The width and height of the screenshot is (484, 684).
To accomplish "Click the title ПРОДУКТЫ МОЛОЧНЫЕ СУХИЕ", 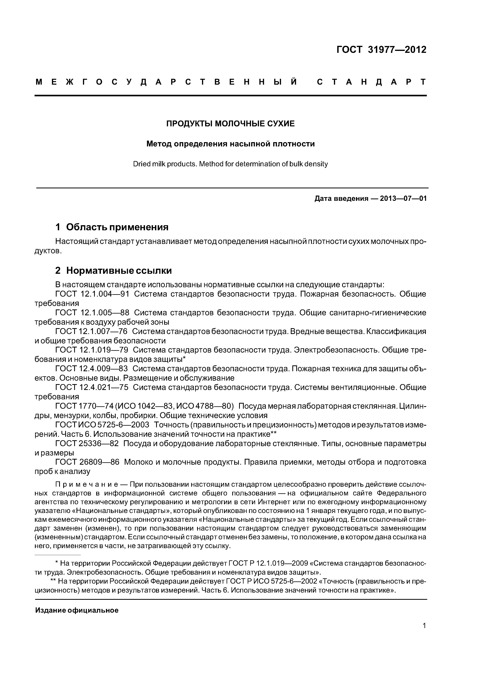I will click(230, 123).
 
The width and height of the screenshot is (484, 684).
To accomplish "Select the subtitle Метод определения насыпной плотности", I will click(230, 144).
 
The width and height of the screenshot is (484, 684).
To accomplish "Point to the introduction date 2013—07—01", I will click(403, 198).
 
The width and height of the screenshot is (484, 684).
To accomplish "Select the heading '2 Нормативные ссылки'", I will click(113, 270).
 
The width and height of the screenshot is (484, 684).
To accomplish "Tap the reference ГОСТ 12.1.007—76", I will click(91, 331).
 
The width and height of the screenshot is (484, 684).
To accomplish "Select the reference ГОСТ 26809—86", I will click(87, 462).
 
